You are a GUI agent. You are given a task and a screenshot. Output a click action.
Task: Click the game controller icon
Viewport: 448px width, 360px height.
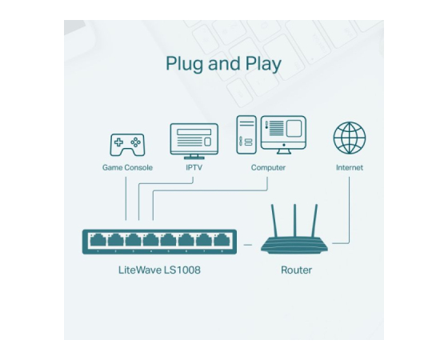point(127,145)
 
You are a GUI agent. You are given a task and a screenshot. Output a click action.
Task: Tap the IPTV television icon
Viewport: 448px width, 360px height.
point(194,141)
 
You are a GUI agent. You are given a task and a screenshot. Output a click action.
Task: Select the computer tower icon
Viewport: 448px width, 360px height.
point(246,135)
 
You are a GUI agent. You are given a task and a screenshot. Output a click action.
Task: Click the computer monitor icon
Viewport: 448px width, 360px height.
point(283,135)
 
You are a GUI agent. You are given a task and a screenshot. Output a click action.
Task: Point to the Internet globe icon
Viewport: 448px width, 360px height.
point(350,138)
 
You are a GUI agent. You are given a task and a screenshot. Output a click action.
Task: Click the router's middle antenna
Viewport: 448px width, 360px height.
point(294,221)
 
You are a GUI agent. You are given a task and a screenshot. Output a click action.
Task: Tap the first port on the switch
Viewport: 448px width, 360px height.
point(98,240)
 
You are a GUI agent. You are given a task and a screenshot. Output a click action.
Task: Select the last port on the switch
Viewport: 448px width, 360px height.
point(222,240)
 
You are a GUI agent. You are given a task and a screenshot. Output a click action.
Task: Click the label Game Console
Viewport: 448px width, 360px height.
point(127,167)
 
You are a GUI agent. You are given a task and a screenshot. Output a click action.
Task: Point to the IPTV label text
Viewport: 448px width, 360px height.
point(194,167)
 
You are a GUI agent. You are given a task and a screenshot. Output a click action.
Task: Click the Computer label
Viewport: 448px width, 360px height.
point(268,167)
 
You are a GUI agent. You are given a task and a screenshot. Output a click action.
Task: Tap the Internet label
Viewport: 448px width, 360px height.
point(350,167)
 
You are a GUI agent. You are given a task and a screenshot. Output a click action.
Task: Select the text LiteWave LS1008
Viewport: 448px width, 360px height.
point(159,270)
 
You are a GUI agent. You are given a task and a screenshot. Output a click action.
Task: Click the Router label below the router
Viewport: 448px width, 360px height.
point(296,270)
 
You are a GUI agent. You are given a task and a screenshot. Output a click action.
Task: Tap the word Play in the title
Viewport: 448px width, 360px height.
point(263,64)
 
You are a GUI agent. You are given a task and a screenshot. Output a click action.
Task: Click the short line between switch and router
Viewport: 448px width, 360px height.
point(248,245)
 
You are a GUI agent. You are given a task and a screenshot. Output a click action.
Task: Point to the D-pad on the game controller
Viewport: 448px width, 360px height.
point(118,142)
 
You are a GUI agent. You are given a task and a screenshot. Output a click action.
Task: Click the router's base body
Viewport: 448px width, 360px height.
point(294,245)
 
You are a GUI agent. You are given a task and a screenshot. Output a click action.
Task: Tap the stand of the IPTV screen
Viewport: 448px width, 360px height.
point(194,157)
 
